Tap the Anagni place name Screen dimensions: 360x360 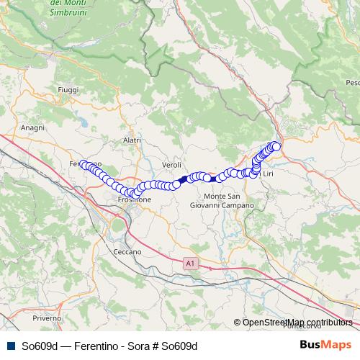33,127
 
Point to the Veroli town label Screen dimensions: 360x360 171,165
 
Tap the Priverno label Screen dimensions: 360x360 46,317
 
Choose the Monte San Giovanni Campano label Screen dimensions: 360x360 222,201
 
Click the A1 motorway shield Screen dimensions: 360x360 189,264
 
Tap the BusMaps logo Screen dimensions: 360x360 325,346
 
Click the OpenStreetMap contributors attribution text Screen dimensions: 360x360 297,322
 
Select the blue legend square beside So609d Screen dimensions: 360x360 9,346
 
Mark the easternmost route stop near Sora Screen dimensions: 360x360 276,146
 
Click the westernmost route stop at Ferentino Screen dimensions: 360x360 84,164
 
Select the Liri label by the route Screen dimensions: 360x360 269,174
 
